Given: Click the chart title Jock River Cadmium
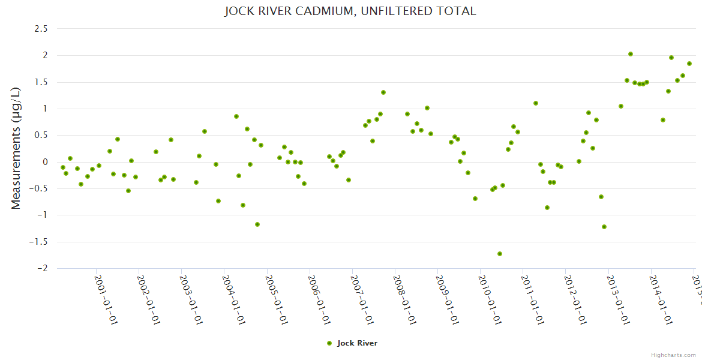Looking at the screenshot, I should pos(350,11).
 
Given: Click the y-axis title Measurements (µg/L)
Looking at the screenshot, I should pos(16,148).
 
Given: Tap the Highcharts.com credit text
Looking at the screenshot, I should pos(674,355).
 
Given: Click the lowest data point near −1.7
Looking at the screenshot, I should pos(500,254).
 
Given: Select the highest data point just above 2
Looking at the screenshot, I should pos(631,54).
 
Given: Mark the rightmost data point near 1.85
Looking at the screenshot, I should pos(689,64).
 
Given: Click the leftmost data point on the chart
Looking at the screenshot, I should pos(63,167).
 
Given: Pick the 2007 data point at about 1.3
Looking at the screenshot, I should pos(383,92).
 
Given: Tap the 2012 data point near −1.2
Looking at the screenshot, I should pos(604,227).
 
